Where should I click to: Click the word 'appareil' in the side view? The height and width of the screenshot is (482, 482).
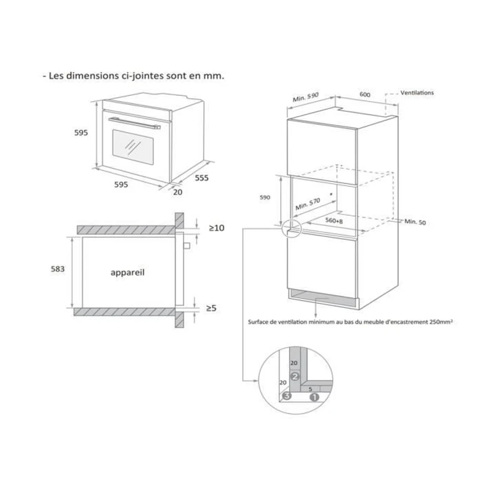(x=128, y=272)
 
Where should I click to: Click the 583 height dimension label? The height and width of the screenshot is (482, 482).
(x=58, y=269)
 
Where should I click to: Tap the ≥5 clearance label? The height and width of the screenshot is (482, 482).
(x=211, y=308)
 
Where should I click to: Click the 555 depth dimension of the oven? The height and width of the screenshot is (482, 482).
(x=202, y=178)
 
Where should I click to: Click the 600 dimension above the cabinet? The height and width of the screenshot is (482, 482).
(x=365, y=95)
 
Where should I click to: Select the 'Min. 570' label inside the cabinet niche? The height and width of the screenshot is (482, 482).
(x=308, y=204)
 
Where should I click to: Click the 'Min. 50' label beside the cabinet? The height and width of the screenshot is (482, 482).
(x=415, y=222)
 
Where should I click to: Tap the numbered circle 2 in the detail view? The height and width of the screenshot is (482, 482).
(x=295, y=376)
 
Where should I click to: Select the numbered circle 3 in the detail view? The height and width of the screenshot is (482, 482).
(x=287, y=396)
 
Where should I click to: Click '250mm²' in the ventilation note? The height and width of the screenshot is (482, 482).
(x=439, y=322)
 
